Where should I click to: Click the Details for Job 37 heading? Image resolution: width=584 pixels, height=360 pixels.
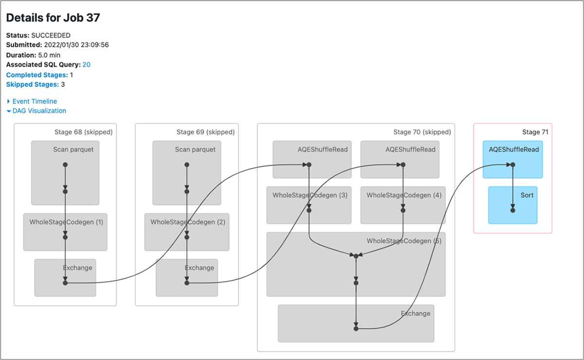tap(53, 18)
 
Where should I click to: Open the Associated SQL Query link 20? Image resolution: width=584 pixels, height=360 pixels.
tap(86, 65)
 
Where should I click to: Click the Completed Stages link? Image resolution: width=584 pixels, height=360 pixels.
tap(36, 75)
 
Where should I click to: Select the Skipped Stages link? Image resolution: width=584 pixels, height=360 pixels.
tap(32, 85)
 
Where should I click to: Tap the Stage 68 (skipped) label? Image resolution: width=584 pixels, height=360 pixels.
tap(83, 132)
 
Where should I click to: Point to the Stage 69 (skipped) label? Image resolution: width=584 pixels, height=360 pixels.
tap(205, 132)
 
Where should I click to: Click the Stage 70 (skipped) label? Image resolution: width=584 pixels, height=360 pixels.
tap(422, 132)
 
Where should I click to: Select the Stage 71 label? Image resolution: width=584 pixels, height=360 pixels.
tap(531, 132)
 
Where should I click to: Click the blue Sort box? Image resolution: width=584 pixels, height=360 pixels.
tap(512, 205)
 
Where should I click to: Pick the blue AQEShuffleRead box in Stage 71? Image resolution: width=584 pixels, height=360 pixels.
tap(512, 159)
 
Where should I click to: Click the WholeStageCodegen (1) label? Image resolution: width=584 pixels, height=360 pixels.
tap(66, 222)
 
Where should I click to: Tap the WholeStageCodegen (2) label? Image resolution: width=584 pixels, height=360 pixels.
tap(187, 222)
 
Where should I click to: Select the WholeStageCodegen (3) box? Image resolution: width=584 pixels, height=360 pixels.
tap(309, 205)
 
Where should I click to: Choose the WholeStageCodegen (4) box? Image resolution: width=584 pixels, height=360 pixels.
tap(402, 205)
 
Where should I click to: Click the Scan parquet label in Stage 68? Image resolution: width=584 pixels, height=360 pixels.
tap(73, 150)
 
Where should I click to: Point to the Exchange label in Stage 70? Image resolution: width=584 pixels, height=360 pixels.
tap(415, 314)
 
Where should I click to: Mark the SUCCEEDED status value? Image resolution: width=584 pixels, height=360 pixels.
tap(51, 36)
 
